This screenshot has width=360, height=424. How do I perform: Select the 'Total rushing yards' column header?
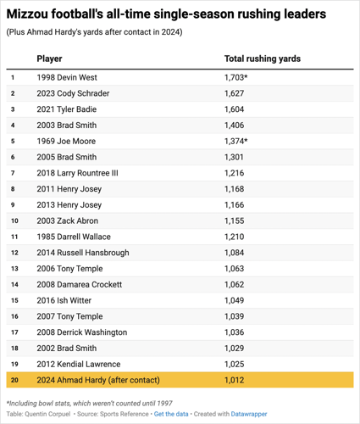262,59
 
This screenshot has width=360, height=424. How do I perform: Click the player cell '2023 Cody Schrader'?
74,93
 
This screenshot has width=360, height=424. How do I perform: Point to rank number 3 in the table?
13,109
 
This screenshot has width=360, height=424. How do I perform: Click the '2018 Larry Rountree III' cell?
78,173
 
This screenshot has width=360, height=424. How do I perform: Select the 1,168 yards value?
234,189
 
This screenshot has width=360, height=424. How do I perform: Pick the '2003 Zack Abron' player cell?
69,220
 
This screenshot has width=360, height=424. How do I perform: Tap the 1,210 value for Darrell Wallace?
234,237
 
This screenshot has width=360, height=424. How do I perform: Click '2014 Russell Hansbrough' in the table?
83,253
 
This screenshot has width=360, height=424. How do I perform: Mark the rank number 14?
14,284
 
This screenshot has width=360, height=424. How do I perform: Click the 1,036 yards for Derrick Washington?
234,332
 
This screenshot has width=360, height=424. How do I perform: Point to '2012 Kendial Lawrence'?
78,364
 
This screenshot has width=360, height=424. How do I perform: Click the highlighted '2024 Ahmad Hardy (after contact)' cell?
98,380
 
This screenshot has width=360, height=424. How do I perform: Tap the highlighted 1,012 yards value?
234,380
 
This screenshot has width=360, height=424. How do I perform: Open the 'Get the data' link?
172,415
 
